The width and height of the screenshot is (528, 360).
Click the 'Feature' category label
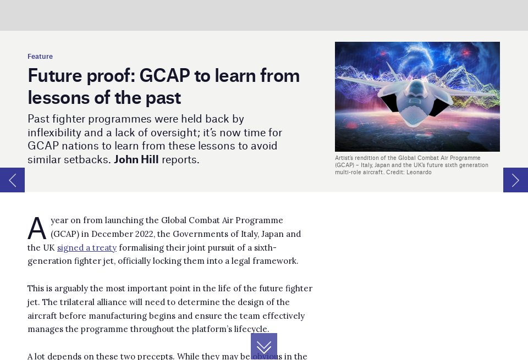(x=40, y=57)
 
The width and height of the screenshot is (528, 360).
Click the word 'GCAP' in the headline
(x=164, y=75)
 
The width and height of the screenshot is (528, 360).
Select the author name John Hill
(x=136, y=160)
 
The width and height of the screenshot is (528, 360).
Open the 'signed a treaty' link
(x=87, y=248)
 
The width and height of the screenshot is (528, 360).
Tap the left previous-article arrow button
(x=12, y=180)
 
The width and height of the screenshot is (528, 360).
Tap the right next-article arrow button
(x=515, y=180)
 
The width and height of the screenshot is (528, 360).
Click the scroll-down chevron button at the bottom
(x=264, y=347)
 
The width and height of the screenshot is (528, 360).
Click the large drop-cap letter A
(x=37, y=229)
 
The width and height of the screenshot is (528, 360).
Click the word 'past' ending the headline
(x=162, y=98)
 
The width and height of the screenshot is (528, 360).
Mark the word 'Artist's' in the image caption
(x=345, y=158)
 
